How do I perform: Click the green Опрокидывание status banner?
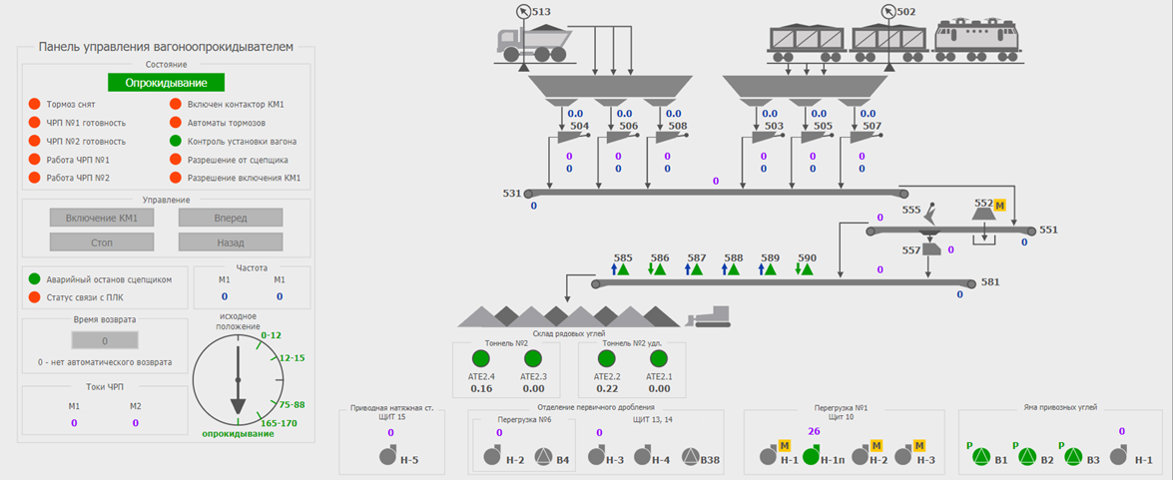click(166, 83)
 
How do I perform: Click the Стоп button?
click(101, 241)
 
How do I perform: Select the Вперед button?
click(231, 218)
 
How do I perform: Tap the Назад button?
click(231, 241)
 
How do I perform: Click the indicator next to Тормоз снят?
click(34, 104)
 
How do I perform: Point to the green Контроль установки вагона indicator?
click(176, 141)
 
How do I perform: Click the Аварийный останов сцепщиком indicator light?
click(34, 279)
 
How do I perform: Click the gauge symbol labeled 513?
click(524, 12)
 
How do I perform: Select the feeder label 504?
click(579, 127)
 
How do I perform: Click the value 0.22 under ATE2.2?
click(608, 389)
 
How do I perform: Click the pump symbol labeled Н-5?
click(387, 457)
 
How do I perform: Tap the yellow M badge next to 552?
click(999, 204)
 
